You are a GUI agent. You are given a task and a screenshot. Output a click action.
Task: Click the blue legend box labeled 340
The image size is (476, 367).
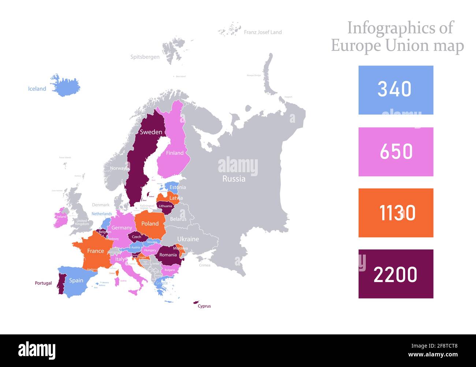pyautogui.click(x=395, y=90)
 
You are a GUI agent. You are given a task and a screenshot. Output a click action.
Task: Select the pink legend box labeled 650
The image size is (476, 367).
pyautogui.click(x=395, y=152)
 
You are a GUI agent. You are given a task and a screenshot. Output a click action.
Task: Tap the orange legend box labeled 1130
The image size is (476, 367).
pyautogui.click(x=395, y=213)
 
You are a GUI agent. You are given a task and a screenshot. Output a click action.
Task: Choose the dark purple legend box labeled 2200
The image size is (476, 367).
pyautogui.click(x=395, y=274)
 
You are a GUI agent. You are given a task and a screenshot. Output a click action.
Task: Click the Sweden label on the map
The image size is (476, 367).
pyautogui.click(x=151, y=132)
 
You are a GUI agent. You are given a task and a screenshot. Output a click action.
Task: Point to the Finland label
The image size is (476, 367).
pyautogui.click(x=175, y=153)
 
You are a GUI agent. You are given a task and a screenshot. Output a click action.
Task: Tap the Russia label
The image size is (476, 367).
pyautogui.click(x=234, y=179)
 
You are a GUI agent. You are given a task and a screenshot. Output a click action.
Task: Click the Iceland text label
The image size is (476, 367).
pyautogui.click(x=37, y=89)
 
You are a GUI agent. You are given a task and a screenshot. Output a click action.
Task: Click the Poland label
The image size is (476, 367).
pyautogui.click(x=150, y=223)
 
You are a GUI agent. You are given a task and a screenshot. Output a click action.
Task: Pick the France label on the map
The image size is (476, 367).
pyautogui.click(x=95, y=251)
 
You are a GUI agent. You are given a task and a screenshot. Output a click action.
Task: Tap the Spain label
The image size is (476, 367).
pyautogui.click(x=76, y=280)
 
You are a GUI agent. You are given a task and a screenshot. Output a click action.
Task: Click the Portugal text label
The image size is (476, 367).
pyautogui.click(x=43, y=283)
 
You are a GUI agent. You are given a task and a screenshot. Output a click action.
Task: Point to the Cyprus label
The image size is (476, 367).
pyautogui.click(x=204, y=306)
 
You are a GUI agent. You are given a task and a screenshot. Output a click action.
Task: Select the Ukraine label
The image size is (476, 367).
pyautogui.click(x=188, y=239)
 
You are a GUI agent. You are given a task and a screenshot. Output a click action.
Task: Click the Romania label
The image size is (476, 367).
pyautogui.click(x=168, y=255)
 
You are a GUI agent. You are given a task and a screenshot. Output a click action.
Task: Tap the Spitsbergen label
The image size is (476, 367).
pyautogui.click(x=145, y=57)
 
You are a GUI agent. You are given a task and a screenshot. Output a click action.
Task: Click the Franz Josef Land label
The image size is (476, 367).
pyautogui.click(x=263, y=32)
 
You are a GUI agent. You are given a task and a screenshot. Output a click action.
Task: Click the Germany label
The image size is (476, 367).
pyautogui.click(x=122, y=228)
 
